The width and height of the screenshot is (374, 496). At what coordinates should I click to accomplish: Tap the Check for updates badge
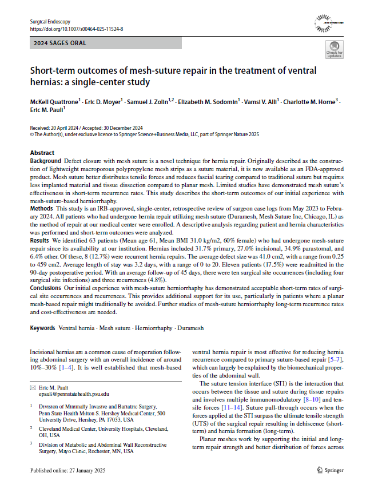click(x=334, y=50)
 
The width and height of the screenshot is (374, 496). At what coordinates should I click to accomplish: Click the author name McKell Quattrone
click(x=57, y=101)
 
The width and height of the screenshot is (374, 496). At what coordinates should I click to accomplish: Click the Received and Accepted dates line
click(x=86, y=128)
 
